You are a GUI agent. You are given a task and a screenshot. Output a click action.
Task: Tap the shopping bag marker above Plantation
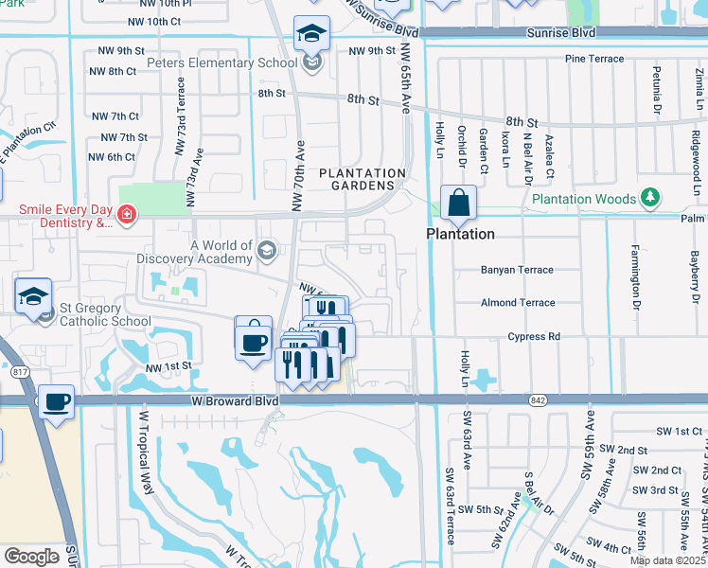click(458, 203)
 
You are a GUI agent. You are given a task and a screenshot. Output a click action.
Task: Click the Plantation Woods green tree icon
click(650, 198)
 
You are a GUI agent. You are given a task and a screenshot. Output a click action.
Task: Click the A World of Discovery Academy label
click(221, 252)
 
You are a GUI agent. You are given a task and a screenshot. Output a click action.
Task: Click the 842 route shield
click(537, 400)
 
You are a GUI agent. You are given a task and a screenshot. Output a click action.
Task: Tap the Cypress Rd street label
click(534, 336)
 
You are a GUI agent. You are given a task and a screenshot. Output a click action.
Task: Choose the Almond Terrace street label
click(518, 303)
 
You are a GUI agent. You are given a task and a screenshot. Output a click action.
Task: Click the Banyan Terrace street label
click(516, 270)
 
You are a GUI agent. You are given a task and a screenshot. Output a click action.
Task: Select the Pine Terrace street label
click(593, 59)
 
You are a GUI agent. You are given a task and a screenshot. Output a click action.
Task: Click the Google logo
click(31, 557)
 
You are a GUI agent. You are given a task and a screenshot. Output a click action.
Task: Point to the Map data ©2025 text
click(666, 560)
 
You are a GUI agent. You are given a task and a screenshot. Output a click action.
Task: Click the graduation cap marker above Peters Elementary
click(310, 35)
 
